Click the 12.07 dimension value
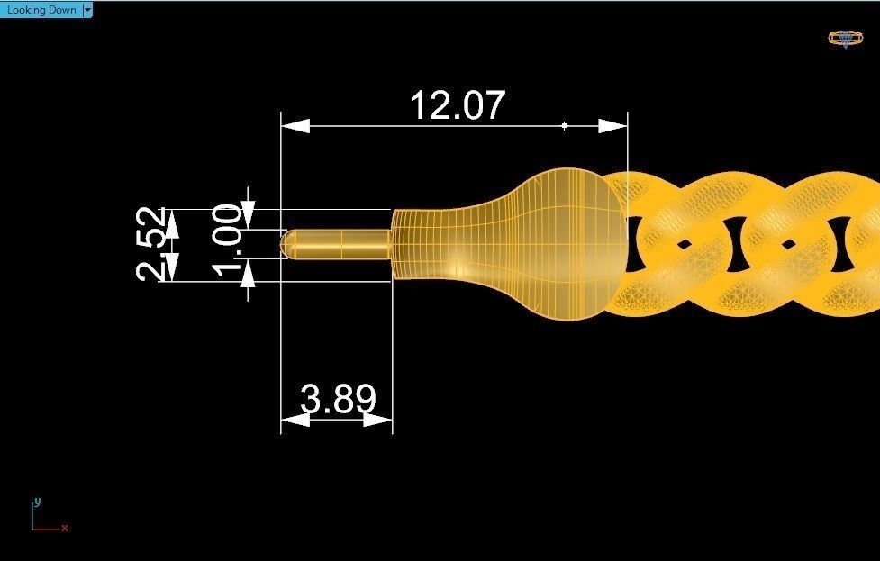click(457, 104)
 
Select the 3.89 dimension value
click(338, 398)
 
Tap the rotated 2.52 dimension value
click(151, 244)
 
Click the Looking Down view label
click(41, 9)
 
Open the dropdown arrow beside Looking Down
click(87, 9)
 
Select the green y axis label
click(37, 502)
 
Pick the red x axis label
click(65, 528)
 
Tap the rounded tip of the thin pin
click(288, 243)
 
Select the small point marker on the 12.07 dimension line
click(565, 126)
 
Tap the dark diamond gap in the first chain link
click(685, 244)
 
